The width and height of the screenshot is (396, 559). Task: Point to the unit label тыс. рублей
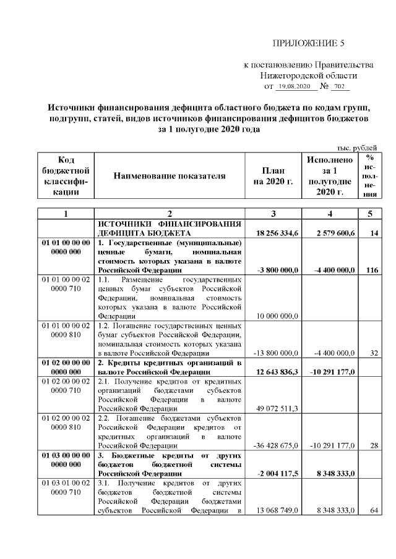pyautogui.click(x=356, y=147)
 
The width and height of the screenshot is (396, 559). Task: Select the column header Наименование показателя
pyautogui.click(x=170, y=176)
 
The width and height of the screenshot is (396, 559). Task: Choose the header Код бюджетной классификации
pyautogui.click(x=66, y=176)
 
